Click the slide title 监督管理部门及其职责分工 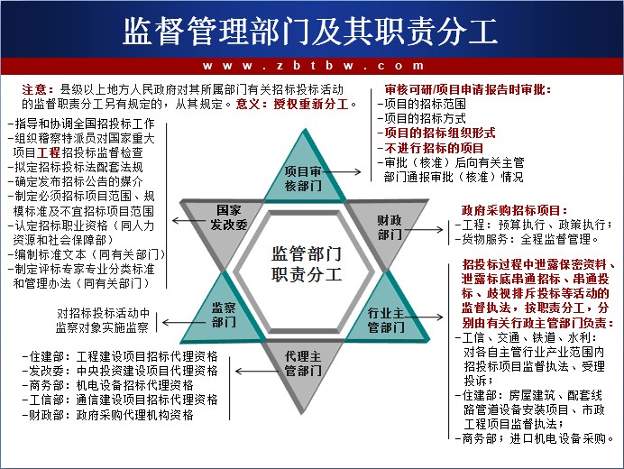coord(310,31)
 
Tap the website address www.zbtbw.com coord(313,66)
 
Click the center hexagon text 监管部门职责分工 coord(307,264)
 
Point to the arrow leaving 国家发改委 coord(191,220)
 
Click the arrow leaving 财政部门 coord(424,229)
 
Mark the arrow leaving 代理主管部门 coord(257,371)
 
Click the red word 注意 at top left coord(34,89)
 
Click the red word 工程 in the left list coord(48,152)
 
